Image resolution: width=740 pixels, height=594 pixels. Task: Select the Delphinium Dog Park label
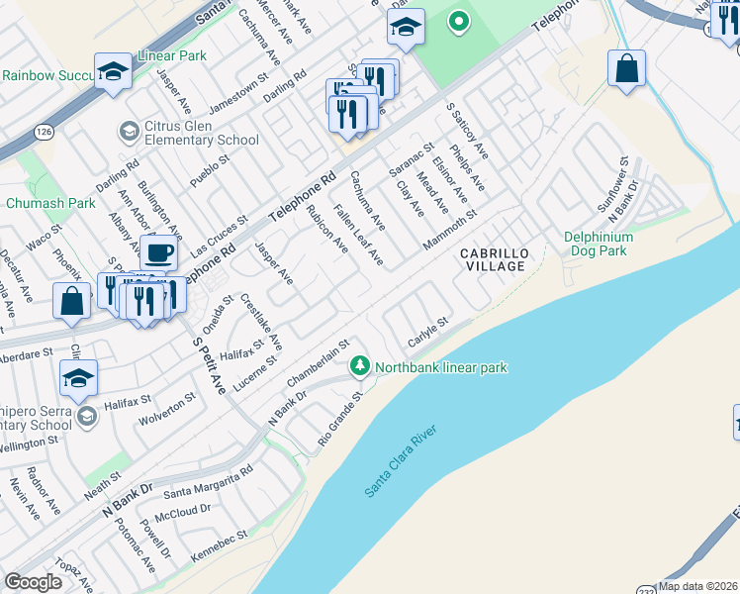click(x=609, y=244)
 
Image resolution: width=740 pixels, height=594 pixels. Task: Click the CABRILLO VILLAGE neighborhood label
click(x=495, y=261)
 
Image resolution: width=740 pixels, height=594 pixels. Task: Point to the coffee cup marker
click(x=157, y=252)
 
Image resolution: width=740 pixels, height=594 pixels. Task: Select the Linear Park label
click(x=173, y=55)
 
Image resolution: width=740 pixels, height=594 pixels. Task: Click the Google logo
click(x=33, y=582)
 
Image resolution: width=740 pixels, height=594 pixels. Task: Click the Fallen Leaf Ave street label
click(x=358, y=234)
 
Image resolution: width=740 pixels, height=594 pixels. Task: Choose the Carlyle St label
click(x=428, y=333)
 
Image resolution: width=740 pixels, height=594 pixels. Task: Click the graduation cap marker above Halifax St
click(x=78, y=377)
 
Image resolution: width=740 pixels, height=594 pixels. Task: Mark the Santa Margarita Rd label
click(x=208, y=485)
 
